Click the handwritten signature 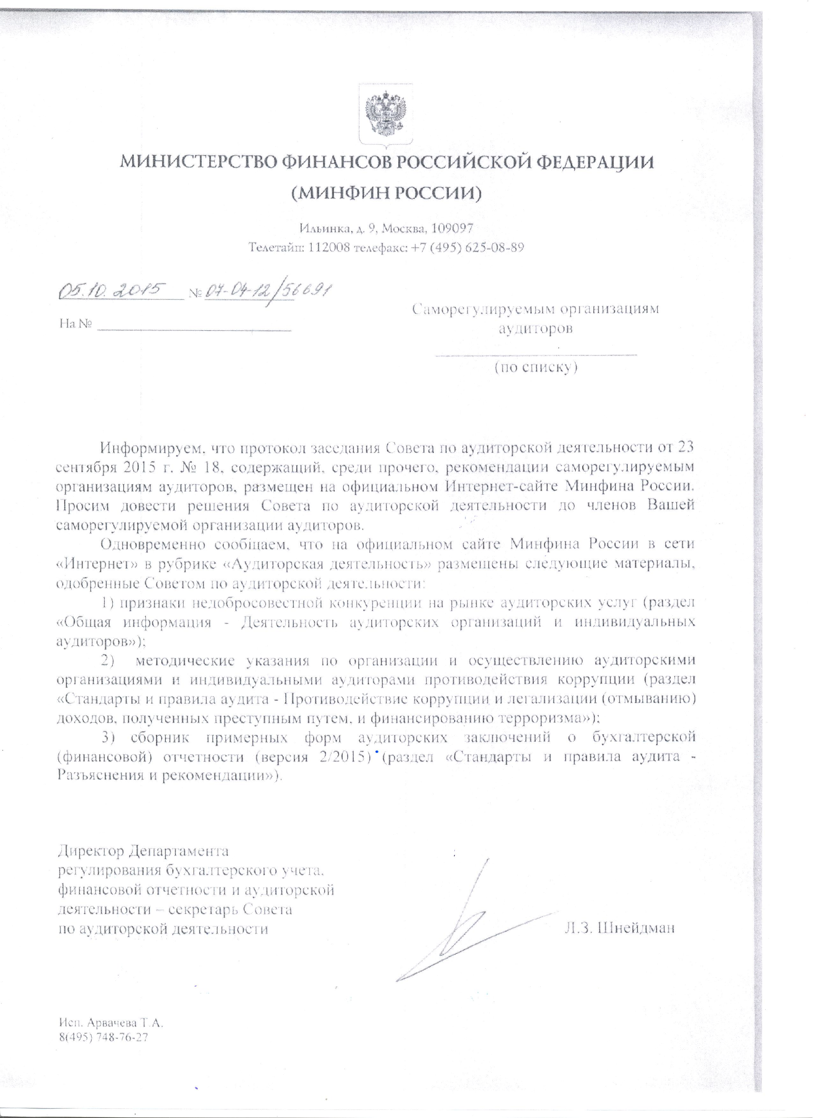pos(444,927)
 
